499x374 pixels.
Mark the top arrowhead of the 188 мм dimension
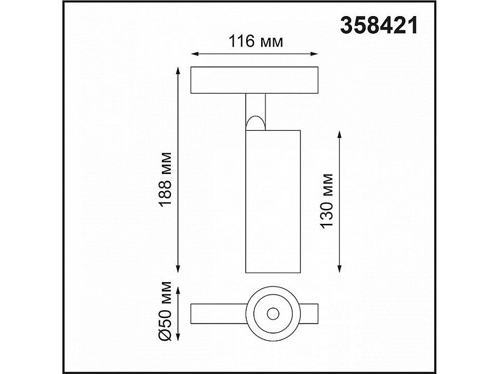178,71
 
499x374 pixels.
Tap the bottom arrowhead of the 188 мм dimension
178,269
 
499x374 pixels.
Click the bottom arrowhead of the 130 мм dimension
339,269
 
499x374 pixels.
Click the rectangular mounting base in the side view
254,80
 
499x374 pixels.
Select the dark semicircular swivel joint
256,122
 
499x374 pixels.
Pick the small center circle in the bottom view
272,314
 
